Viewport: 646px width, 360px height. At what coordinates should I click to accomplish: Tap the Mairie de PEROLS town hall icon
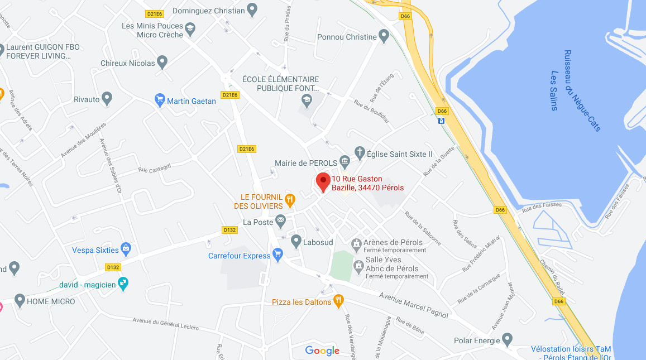tap(344, 163)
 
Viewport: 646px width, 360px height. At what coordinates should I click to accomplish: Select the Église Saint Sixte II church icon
tap(361, 152)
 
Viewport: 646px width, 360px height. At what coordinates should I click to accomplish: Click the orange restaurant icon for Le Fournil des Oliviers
tap(290, 199)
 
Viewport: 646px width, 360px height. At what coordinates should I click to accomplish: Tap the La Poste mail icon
tap(280, 222)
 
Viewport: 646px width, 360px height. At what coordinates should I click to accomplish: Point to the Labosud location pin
tap(296, 241)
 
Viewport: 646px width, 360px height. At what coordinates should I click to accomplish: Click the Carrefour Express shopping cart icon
tap(277, 255)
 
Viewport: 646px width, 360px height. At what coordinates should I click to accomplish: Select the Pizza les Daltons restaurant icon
tap(338, 301)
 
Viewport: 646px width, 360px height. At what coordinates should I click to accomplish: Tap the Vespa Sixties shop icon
tap(126, 248)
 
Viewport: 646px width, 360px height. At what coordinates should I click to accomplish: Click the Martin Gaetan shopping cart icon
tap(160, 100)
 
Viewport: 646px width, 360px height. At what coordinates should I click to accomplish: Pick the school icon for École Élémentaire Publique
tap(306, 100)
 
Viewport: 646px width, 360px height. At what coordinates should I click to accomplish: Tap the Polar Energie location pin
tap(507, 338)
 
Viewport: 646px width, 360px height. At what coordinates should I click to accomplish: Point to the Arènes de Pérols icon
tap(356, 243)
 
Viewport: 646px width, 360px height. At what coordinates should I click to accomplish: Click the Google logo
tap(322, 351)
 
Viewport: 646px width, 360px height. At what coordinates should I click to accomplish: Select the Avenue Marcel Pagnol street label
tap(413, 306)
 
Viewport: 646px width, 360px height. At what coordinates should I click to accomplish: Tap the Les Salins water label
tap(554, 90)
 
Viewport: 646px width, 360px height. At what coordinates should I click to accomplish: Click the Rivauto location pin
tap(107, 99)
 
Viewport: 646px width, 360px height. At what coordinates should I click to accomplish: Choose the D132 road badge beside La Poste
tap(230, 229)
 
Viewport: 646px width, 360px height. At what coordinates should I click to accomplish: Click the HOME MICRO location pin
tap(20, 301)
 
